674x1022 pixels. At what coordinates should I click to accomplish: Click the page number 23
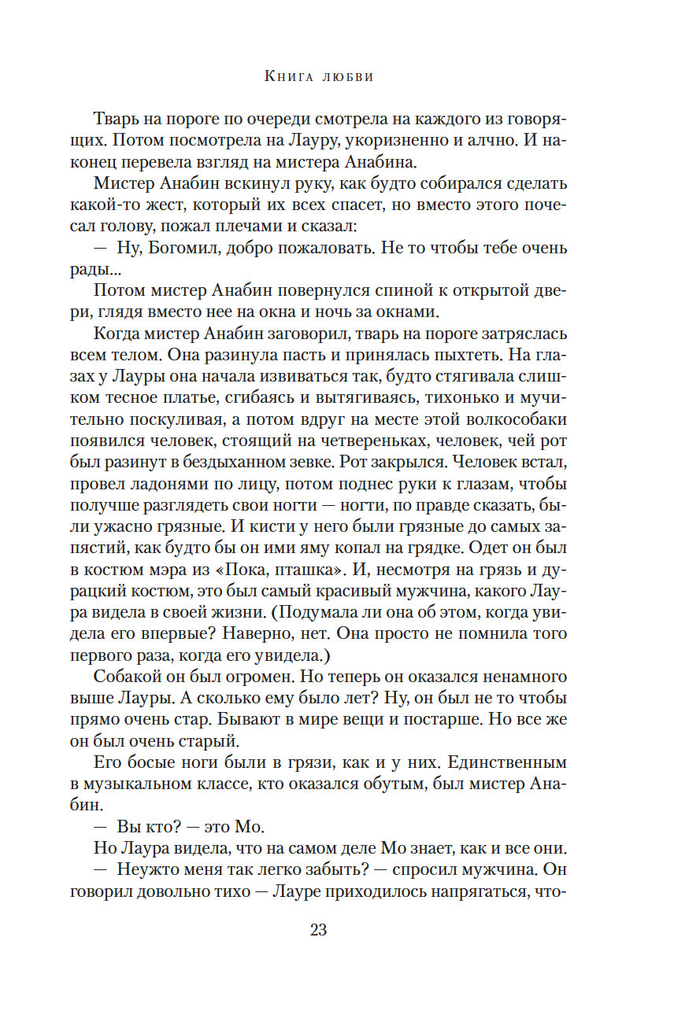pyautogui.click(x=318, y=930)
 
